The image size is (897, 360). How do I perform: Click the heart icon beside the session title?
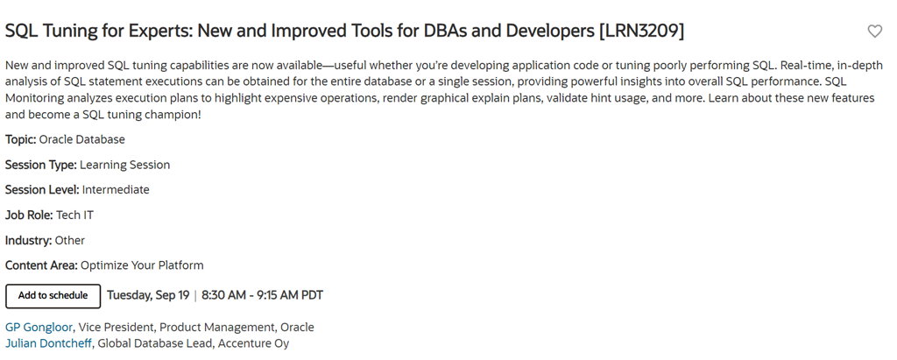(x=875, y=32)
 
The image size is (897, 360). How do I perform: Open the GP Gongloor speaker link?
(x=39, y=328)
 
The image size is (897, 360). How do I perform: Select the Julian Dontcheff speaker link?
(x=48, y=343)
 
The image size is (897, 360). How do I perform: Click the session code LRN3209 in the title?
(x=641, y=31)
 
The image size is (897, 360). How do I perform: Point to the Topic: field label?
(x=21, y=139)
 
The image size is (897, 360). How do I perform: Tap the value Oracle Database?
(x=81, y=139)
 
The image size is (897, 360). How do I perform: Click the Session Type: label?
(x=40, y=165)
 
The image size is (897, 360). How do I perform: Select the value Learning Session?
(x=124, y=165)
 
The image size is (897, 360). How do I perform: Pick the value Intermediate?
(x=116, y=190)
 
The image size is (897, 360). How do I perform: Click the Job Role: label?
(x=29, y=215)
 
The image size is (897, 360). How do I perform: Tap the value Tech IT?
(x=74, y=215)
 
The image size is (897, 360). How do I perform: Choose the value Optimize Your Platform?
(x=142, y=265)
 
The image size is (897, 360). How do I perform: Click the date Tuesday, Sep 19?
(x=148, y=295)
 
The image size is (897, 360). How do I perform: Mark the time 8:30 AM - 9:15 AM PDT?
(x=262, y=295)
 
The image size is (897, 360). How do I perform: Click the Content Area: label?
(x=42, y=265)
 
